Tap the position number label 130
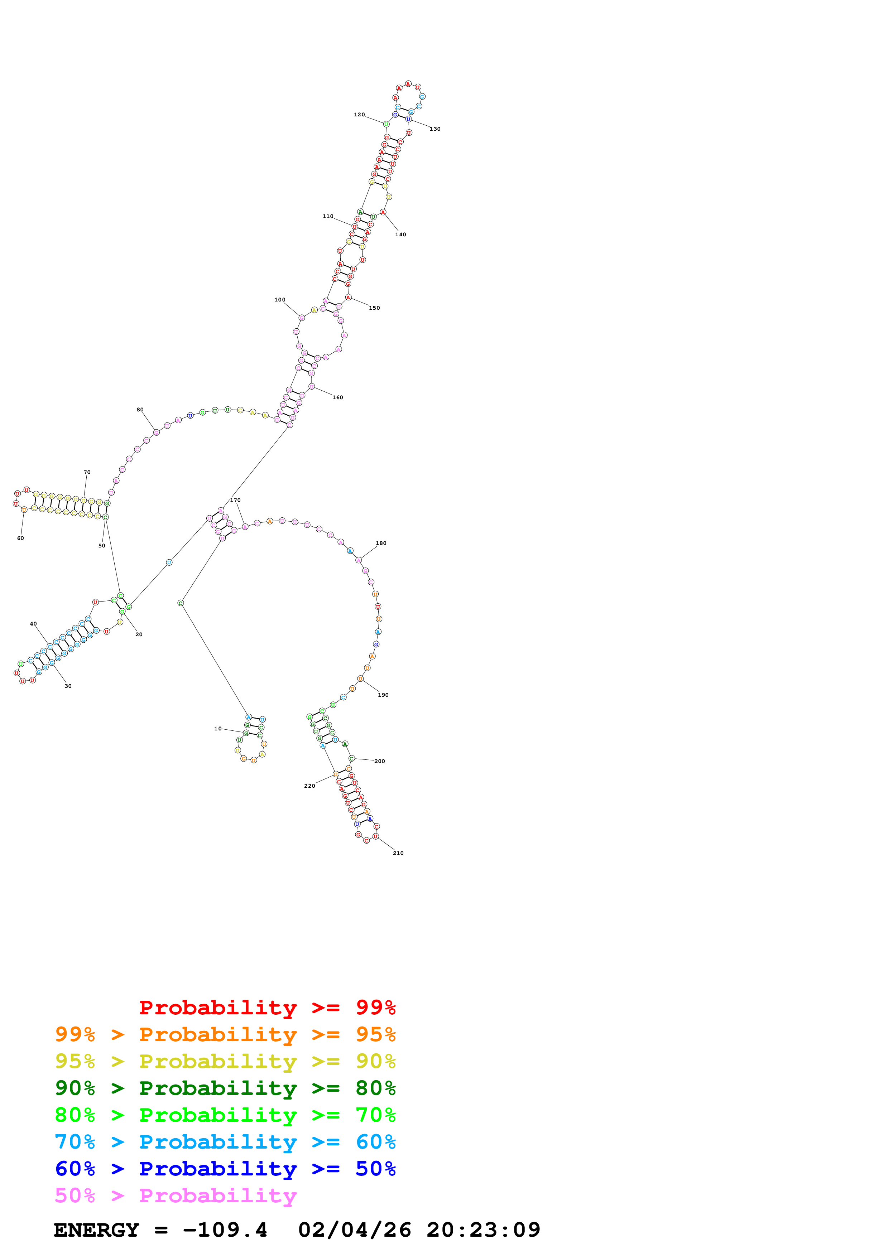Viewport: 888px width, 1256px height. (x=435, y=129)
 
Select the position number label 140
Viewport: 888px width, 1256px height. (x=400, y=235)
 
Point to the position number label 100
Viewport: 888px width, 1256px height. (x=280, y=300)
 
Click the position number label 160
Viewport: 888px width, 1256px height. (x=337, y=398)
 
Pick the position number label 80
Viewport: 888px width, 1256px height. (x=140, y=410)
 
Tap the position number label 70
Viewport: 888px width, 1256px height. (x=87, y=472)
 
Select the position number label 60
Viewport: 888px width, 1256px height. (x=20, y=538)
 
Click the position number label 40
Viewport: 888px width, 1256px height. (x=33, y=624)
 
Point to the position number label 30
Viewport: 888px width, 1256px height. (x=68, y=686)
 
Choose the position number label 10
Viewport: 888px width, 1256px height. (x=218, y=729)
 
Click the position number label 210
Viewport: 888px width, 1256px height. (x=398, y=853)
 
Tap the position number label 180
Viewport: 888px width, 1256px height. (x=381, y=543)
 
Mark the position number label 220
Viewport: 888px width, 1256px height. (x=310, y=786)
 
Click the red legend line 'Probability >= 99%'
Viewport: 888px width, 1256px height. (x=267, y=1008)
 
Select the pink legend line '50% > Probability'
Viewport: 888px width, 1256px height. (x=176, y=1196)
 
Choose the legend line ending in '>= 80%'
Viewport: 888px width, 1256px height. (x=225, y=1088)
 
